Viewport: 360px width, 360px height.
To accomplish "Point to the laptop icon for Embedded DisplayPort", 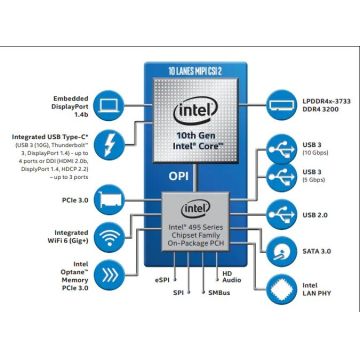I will coord(108,103).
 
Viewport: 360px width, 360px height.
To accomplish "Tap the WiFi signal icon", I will coord(108,236).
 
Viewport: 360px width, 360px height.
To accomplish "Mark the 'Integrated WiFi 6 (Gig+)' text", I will coord(56,237).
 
